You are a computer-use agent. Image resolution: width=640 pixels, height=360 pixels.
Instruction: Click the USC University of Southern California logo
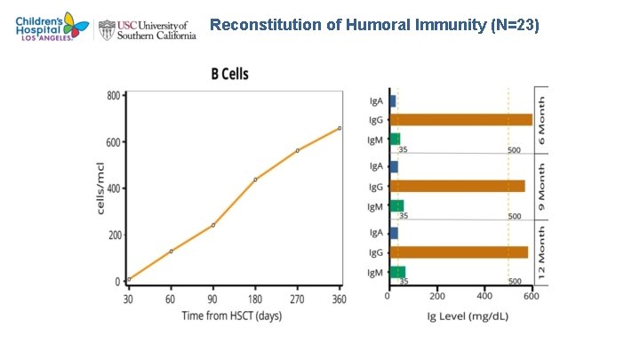click(149, 28)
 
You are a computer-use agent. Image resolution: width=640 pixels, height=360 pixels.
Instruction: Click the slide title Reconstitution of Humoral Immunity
click(374, 25)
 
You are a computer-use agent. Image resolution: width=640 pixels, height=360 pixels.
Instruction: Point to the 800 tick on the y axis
click(114, 96)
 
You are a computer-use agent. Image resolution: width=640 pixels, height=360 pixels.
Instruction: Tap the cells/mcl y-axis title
click(100, 188)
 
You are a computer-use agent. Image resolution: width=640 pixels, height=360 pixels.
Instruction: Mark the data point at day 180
click(255, 180)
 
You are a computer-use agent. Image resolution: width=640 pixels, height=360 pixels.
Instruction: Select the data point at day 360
click(339, 128)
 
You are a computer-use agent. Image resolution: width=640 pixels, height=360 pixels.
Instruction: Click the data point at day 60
click(171, 251)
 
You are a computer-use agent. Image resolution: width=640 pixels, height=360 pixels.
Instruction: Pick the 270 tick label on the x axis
click(297, 300)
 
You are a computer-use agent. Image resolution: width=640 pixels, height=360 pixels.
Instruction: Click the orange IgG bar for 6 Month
click(460, 120)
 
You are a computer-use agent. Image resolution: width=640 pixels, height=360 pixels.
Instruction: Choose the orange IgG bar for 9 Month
click(457, 186)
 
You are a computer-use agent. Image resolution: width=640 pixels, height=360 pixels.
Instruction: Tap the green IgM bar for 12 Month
click(397, 272)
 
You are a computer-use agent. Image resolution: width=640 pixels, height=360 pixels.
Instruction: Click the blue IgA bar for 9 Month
click(393, 166)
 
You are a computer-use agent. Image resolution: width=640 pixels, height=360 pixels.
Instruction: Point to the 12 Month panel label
click(541, 252)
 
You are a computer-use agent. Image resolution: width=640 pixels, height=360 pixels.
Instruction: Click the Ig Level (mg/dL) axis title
click(460, 316)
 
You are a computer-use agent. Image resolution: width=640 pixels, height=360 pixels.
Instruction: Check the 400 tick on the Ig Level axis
click(484, 296)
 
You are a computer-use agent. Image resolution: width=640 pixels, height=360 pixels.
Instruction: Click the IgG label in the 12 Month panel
click(376, 252)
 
